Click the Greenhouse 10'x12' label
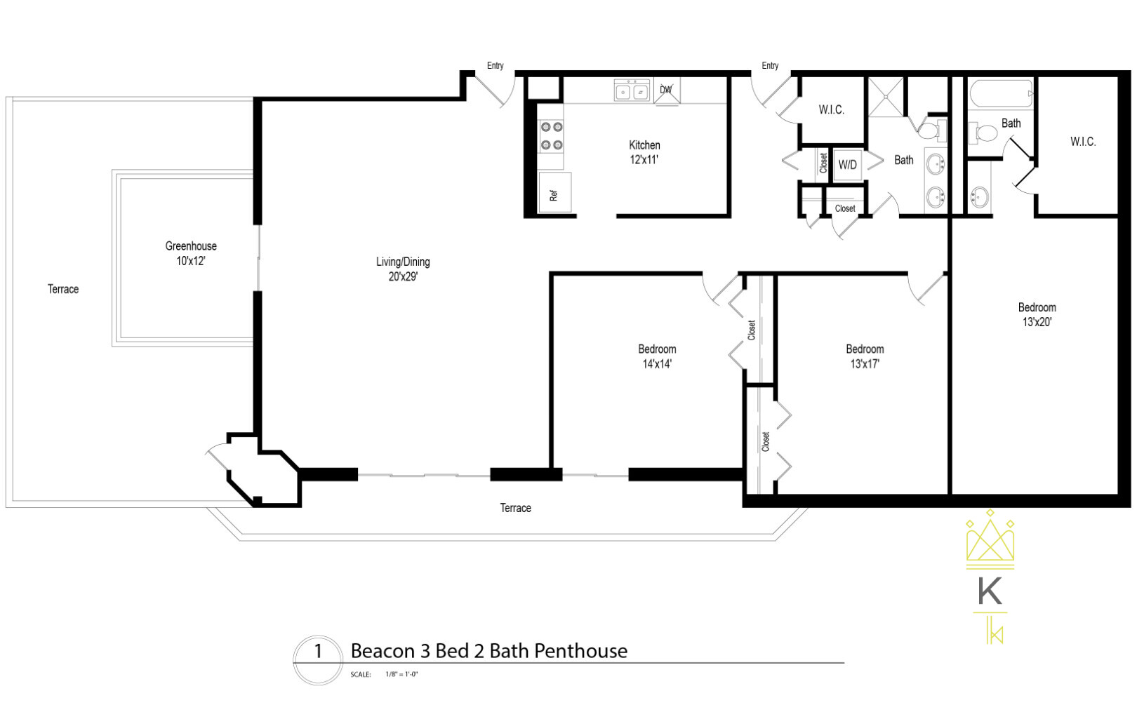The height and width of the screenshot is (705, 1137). click(191, 253)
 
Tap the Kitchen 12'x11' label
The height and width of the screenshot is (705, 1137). click(644, 152)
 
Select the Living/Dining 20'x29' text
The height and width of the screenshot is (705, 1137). click(403, 269)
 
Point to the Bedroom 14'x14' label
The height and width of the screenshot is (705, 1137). click(657, 356)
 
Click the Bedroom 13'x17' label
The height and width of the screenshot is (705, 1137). click(865, 356)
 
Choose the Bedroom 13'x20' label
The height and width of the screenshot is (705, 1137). click(1037, 314)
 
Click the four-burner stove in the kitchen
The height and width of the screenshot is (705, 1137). click(551, 136)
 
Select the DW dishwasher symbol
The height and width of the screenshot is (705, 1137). click(666, 90)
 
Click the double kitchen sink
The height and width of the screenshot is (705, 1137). click(632, 91)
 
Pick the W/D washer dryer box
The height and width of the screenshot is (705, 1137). click(847, 165)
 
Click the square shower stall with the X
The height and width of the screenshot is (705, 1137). click(887, 97)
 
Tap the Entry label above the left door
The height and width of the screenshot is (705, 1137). click(496, 65)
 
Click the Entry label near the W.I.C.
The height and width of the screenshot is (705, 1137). click(770, 65)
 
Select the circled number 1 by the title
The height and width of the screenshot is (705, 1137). click(317, 651)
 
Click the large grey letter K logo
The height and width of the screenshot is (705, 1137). click(990, 591)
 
